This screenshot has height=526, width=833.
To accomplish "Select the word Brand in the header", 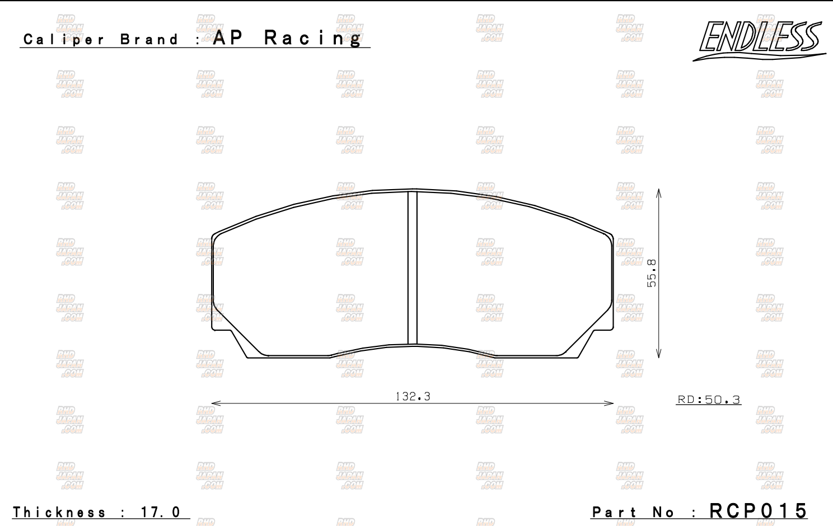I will coord(149,40).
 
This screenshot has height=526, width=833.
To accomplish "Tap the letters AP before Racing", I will coord(228,37).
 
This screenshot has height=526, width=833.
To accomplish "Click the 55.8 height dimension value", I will coord(652,273).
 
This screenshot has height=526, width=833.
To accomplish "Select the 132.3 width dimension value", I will coord(413,396).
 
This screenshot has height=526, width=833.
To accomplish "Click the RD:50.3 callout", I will coord(709,400).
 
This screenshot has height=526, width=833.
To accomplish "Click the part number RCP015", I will coord(759,510).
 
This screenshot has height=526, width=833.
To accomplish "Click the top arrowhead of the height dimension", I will coord(659,192).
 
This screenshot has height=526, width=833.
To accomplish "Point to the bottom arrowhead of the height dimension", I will coord(659,354).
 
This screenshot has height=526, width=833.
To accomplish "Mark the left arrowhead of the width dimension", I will coord(216,403).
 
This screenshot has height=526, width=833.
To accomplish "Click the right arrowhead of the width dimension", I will coord(610,403).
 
